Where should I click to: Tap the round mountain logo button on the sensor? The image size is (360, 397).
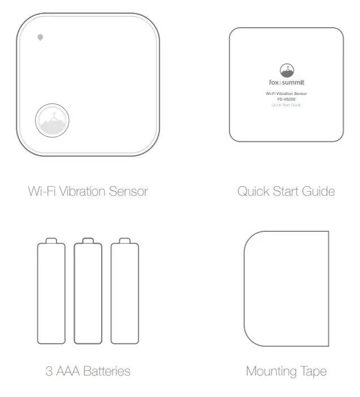click(x=53, y=121)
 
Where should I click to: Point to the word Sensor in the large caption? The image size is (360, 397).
click(x=129, y=191)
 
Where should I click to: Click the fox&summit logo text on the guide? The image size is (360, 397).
click(x=286, y=83)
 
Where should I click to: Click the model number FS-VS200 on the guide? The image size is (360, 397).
click(x=286, y=100)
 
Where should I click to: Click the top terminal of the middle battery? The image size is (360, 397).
click(x=88, y=241)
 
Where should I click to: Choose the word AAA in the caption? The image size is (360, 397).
click(x=67, y=372)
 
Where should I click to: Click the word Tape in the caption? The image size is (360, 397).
click(x=314, y=372)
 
